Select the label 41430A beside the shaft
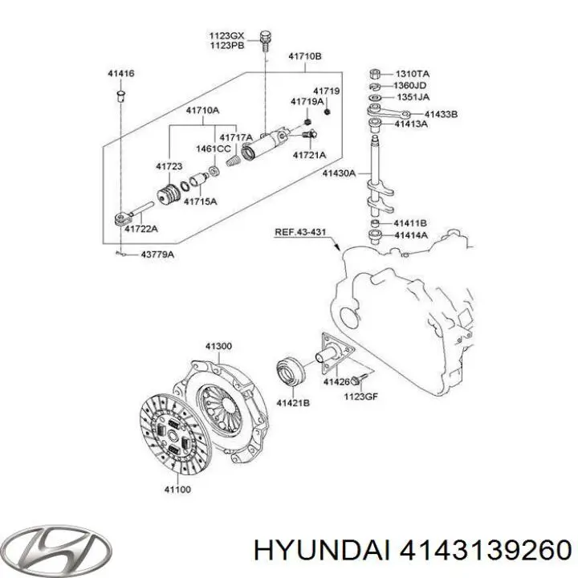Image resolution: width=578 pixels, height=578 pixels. [x=340, y=173]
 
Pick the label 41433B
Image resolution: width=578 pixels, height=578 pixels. [x=441, y=115]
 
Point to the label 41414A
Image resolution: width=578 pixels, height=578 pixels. [x=410, y=235]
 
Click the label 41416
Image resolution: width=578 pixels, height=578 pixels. [x=120, y=74]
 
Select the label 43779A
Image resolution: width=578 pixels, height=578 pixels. [x=157, y=255]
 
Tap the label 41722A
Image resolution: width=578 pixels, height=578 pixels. [x=140, y=229]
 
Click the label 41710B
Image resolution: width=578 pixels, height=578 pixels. [x=305, y=57]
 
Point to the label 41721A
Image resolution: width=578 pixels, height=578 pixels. [x=309, y=155]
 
